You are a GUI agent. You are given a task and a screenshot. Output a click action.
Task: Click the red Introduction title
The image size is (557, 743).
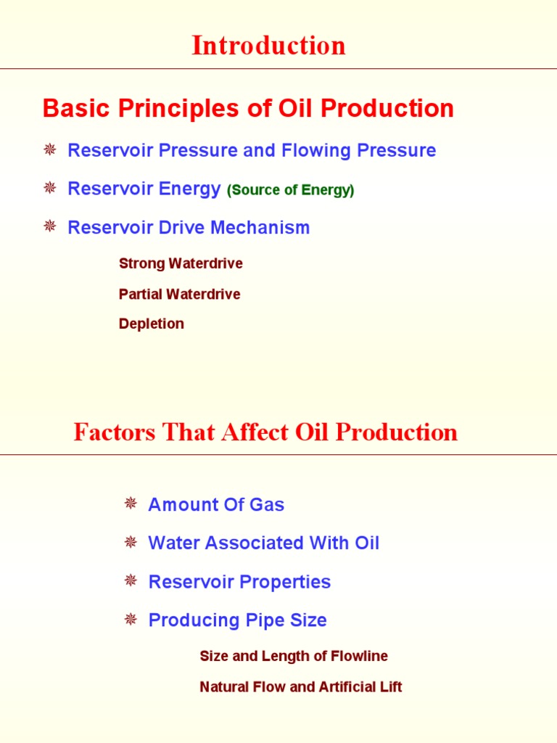click(268, 46)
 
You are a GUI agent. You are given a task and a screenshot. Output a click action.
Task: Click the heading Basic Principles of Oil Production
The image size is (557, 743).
click(248, 109)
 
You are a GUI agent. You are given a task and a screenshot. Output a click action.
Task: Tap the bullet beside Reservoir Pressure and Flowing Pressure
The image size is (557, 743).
click(50, 150)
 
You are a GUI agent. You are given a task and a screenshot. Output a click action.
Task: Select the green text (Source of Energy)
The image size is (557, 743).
click(290, 191)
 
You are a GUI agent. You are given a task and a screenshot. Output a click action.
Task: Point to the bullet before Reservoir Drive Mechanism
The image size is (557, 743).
click(50, 227)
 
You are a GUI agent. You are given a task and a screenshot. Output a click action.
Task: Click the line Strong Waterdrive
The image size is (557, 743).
click(181, 263)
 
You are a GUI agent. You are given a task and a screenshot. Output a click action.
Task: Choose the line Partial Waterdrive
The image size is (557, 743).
click(179, 294)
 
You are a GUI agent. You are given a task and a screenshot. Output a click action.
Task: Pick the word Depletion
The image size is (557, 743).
click(151, 324)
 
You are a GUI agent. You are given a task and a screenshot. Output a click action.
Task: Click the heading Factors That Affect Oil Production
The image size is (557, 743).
click(265, 432)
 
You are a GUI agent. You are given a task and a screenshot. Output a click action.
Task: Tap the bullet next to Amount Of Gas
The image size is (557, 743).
click(131, 504)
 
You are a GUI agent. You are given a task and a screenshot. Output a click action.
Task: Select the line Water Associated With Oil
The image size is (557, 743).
click(263, 543)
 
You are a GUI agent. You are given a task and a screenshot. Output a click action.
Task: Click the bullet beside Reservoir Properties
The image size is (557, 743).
click(131, 580)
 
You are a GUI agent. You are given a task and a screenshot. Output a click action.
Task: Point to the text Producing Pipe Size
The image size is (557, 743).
click(237, 620)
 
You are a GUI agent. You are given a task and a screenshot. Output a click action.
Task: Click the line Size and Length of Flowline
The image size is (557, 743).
click(293, 656)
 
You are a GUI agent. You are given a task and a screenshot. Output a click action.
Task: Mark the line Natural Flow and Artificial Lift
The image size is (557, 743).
click(300, 686)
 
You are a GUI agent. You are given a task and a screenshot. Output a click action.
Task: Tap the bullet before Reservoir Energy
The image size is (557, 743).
click(50, 189)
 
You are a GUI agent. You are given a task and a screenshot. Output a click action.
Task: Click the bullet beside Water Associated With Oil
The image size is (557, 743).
click(131, 542)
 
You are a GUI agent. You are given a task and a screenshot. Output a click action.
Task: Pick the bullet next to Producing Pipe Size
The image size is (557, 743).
click(131, 619)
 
